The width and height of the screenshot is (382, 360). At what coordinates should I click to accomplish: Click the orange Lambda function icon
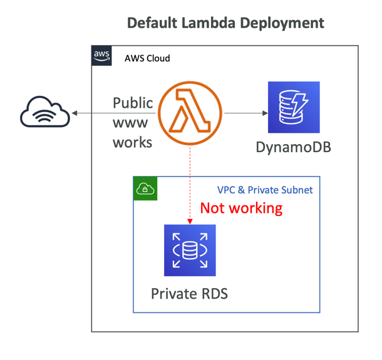point(190,113)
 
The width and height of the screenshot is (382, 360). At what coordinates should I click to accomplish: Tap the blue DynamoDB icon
point(294,108)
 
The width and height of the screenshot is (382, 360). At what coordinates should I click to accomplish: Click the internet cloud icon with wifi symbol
point(44,113)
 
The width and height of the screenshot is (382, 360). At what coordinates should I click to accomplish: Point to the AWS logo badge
point(101,55)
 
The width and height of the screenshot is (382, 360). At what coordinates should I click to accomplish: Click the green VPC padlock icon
point(145,188)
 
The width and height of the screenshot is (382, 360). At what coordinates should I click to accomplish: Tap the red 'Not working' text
point(241,208)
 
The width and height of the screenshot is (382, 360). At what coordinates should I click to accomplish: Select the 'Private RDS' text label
point(189,292)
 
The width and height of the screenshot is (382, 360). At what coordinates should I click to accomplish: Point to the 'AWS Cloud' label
point(147,58)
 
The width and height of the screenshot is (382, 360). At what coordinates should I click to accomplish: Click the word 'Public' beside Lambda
point(133,103)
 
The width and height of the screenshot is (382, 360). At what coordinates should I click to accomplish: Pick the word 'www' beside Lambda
point(130,123)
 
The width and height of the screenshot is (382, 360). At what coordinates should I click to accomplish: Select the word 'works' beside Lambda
point(132,142)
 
